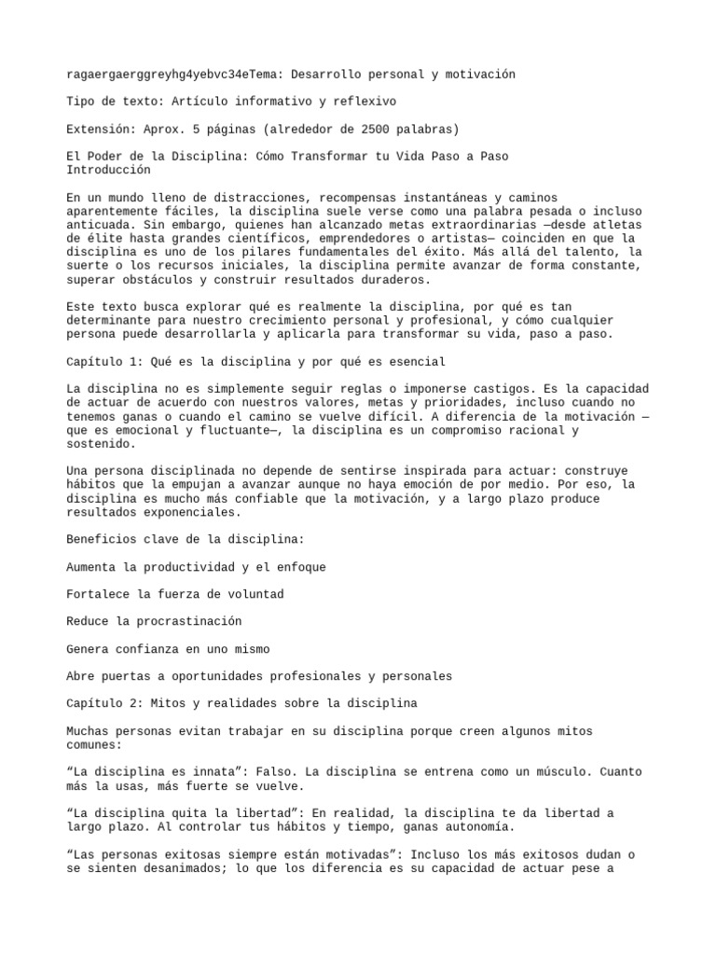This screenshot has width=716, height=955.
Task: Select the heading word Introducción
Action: click(108, 171)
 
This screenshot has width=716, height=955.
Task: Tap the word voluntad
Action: click(252, 593)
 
